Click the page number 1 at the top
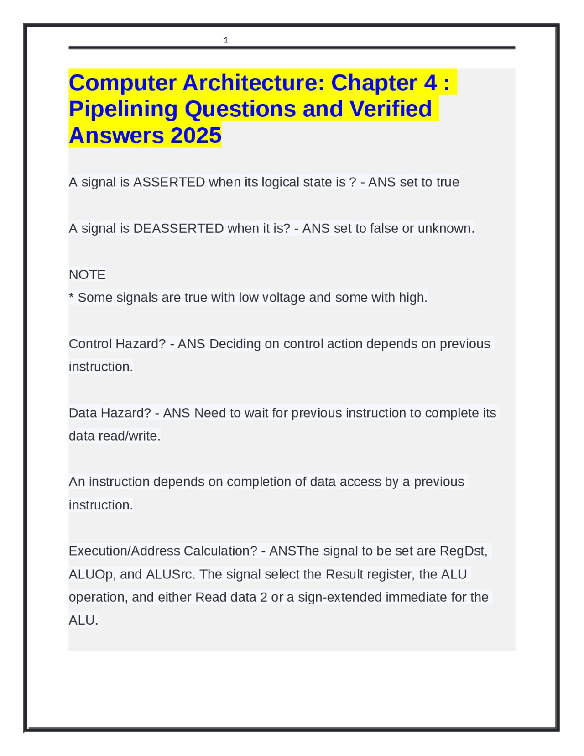226,40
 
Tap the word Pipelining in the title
123,109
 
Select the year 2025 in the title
196,136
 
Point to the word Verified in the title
391,109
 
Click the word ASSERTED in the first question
169,182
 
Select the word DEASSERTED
178,228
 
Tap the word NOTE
87,274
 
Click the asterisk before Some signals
71,297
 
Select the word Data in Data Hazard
83,413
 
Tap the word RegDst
463,551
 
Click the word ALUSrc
170,574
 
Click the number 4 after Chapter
430,83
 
